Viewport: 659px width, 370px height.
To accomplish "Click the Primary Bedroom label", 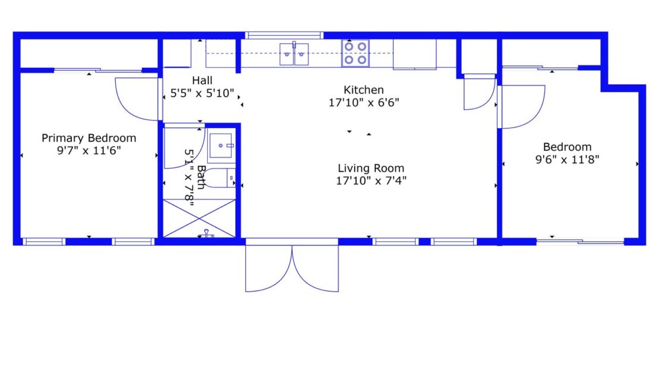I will coord(88,138).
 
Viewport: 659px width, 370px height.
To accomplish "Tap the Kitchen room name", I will coord(363,90).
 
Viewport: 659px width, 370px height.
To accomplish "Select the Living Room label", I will coord(371,168).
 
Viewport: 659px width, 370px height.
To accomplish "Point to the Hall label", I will coord(202,80).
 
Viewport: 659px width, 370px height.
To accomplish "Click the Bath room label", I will coord(202,177).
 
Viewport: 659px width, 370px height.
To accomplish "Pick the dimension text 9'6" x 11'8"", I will coord(567,159).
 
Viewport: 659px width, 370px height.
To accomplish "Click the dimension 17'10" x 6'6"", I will coord(363,102).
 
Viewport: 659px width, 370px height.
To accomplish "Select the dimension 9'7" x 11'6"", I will coord(88,151).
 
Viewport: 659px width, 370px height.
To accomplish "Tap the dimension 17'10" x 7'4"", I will coord(371,181).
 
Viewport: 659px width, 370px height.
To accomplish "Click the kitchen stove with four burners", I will coord(355,53).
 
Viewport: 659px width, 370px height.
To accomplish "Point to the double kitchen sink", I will coord(294,53).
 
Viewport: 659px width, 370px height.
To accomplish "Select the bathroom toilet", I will coord(223,178).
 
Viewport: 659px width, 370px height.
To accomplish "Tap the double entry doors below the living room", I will coord(292,267).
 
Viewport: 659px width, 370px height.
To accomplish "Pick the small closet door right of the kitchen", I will coord(479,93).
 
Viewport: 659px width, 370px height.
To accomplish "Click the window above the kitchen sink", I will coord(284,35).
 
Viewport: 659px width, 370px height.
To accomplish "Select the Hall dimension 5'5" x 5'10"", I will coord(202,93).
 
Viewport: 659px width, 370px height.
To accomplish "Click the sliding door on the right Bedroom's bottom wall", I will coord(580,241).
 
